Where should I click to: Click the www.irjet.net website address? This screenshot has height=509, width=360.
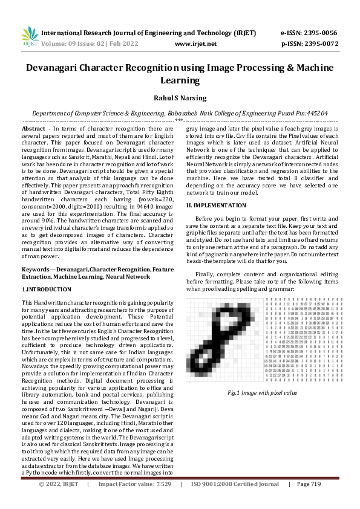(x=195, y=44)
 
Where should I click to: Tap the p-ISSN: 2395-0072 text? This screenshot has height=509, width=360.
(x=310, y=44)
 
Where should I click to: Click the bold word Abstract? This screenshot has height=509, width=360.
(x=34, y=129)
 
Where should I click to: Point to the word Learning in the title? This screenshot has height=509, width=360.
(x=180, y=80)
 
